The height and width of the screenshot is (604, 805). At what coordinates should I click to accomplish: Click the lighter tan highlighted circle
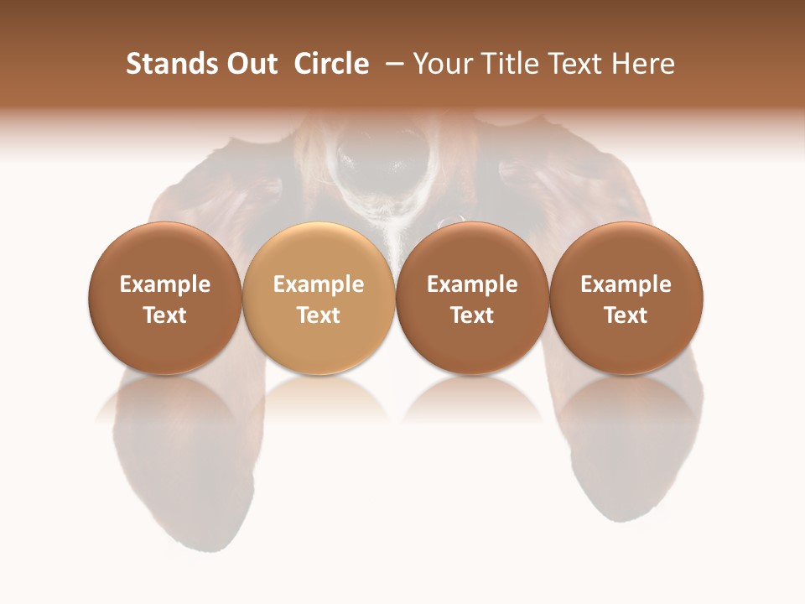[x=319, y=298]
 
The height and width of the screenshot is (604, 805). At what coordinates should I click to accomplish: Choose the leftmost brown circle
[x=165, y=298]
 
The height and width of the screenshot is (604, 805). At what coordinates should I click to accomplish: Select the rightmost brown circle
[x=626, y=298]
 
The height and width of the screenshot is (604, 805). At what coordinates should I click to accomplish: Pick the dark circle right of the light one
[x=472, y=298]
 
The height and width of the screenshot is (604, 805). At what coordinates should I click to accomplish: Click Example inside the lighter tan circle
[x=319, y=284]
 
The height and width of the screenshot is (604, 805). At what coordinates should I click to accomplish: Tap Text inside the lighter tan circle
[x=319, y=315]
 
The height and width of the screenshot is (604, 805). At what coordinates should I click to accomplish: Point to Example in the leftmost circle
[x=165, y=284]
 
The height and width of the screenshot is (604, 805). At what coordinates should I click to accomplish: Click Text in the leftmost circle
[x=165, y=315]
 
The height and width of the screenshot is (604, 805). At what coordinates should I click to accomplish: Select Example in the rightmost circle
[x=626, y=284]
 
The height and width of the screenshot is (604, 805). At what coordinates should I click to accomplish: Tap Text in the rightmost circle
[x=626, y=315]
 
